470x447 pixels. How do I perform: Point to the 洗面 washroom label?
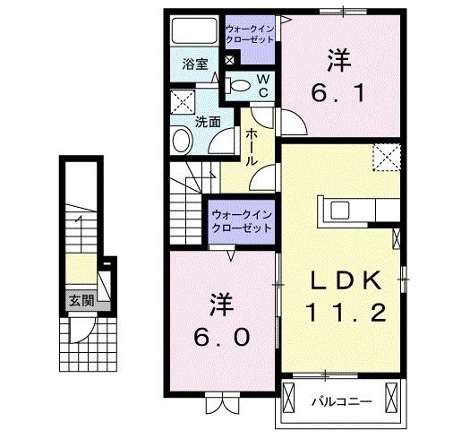click(x=209, y=122)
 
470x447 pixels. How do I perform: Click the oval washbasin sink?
click(x=182, y=141)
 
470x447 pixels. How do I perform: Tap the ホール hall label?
click(x=252, y=144)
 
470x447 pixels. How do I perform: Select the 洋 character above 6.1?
click(x=337, y=60)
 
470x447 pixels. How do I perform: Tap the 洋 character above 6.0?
click(x=222, y=304)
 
